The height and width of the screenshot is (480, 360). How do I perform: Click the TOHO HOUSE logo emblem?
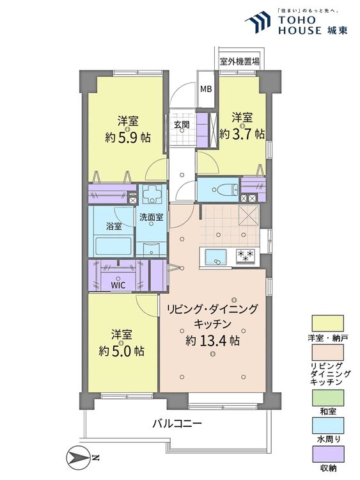[258, 22]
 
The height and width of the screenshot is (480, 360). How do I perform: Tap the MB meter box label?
[206, 90]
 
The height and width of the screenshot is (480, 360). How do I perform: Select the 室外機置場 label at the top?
[240, 62]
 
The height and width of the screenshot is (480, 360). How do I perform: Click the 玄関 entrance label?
[182, 125]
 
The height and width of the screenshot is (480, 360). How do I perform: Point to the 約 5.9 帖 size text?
[127, 138]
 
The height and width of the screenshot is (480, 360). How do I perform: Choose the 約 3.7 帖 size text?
[242, 134]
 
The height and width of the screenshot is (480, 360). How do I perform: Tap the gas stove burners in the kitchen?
[246, 256]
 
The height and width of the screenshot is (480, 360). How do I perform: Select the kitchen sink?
[216, 256]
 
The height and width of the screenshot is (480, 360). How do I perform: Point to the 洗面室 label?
[151, 217]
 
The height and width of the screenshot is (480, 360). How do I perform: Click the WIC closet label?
[118, 285]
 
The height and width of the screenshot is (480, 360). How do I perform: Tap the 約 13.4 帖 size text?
[212, 340]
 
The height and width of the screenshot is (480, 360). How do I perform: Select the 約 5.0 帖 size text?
[121, 351]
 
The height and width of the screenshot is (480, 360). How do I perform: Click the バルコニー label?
[177, 424]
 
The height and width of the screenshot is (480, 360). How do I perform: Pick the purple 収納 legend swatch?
[328, 454]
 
